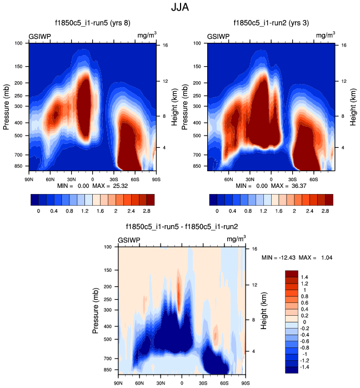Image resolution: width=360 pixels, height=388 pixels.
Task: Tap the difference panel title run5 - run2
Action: tap(181, 226)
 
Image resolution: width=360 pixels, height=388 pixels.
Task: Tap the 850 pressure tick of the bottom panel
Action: tap(109, 370)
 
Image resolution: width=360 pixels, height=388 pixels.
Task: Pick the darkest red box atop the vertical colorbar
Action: tap(292, 273)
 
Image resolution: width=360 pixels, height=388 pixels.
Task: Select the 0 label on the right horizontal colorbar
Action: tap(218, 212)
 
